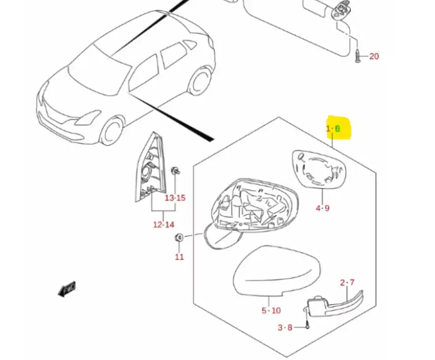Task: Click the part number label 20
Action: [x=374, y=56]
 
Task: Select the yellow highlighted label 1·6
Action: [x=334, y=129]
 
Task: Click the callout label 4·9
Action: [x=323, y=208]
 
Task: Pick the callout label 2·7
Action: [x=347, y=283]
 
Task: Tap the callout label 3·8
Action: [x=285, y=327]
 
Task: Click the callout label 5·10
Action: [x=271, y=310]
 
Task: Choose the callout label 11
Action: [x=179, y=257]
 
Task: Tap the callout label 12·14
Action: [x=164, y=225]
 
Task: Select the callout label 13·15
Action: [x=175, y=198]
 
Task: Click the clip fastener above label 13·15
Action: [x=174, y=172]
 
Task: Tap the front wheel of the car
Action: [x=112, y=131]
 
